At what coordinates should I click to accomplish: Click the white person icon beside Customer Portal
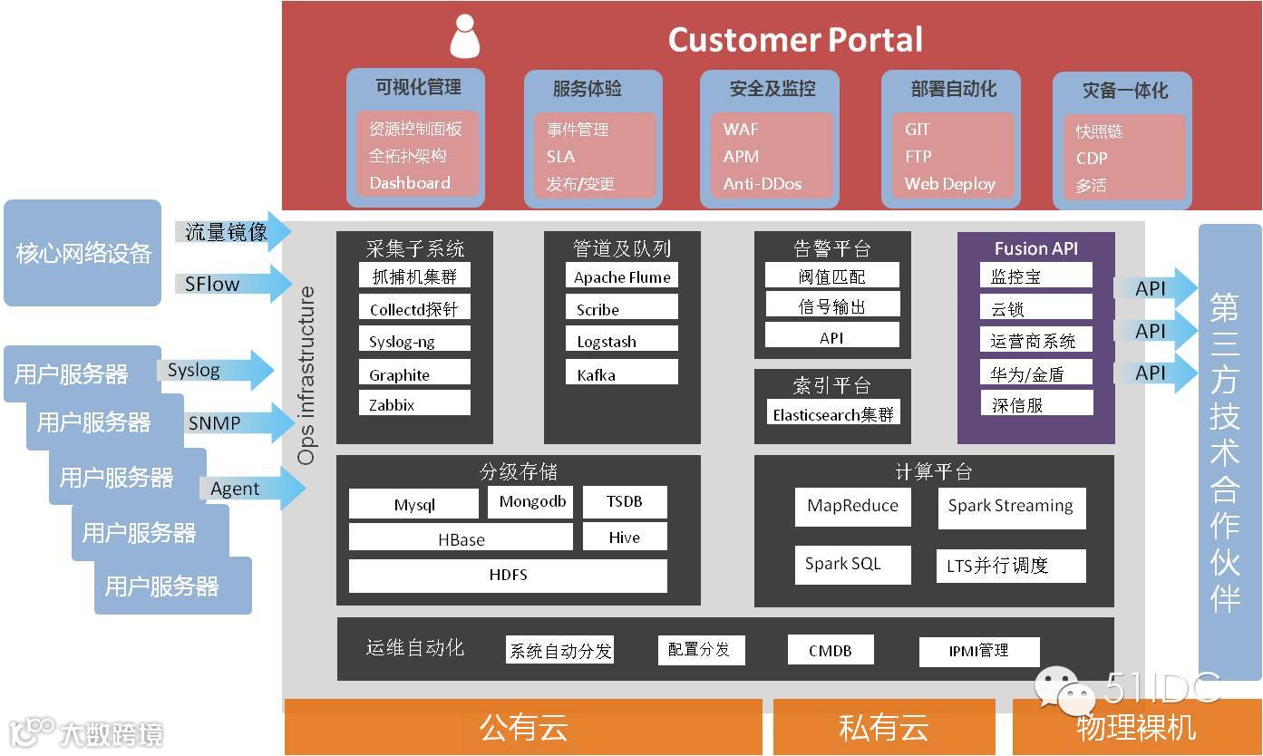pos(464,37)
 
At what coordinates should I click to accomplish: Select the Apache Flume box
pos(622,276)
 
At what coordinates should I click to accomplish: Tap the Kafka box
pos(622,373)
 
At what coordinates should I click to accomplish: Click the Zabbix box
pos(414,403)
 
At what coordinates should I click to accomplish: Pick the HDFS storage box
pos(508,576)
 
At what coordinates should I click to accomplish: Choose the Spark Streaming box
pos(1011,507)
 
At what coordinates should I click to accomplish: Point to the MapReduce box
pos(852,507)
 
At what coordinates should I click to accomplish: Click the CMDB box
pos(831,650)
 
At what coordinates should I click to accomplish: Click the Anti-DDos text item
pos(763,183)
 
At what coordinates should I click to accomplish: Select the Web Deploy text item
pos(949,183)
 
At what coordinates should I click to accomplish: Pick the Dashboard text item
pos(410,182)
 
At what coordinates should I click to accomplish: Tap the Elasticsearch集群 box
pos(832,414)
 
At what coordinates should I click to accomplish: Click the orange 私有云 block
pos(883,726)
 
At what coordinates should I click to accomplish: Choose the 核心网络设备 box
pos(83,253)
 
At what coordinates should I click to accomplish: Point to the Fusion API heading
pos(1035,248)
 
